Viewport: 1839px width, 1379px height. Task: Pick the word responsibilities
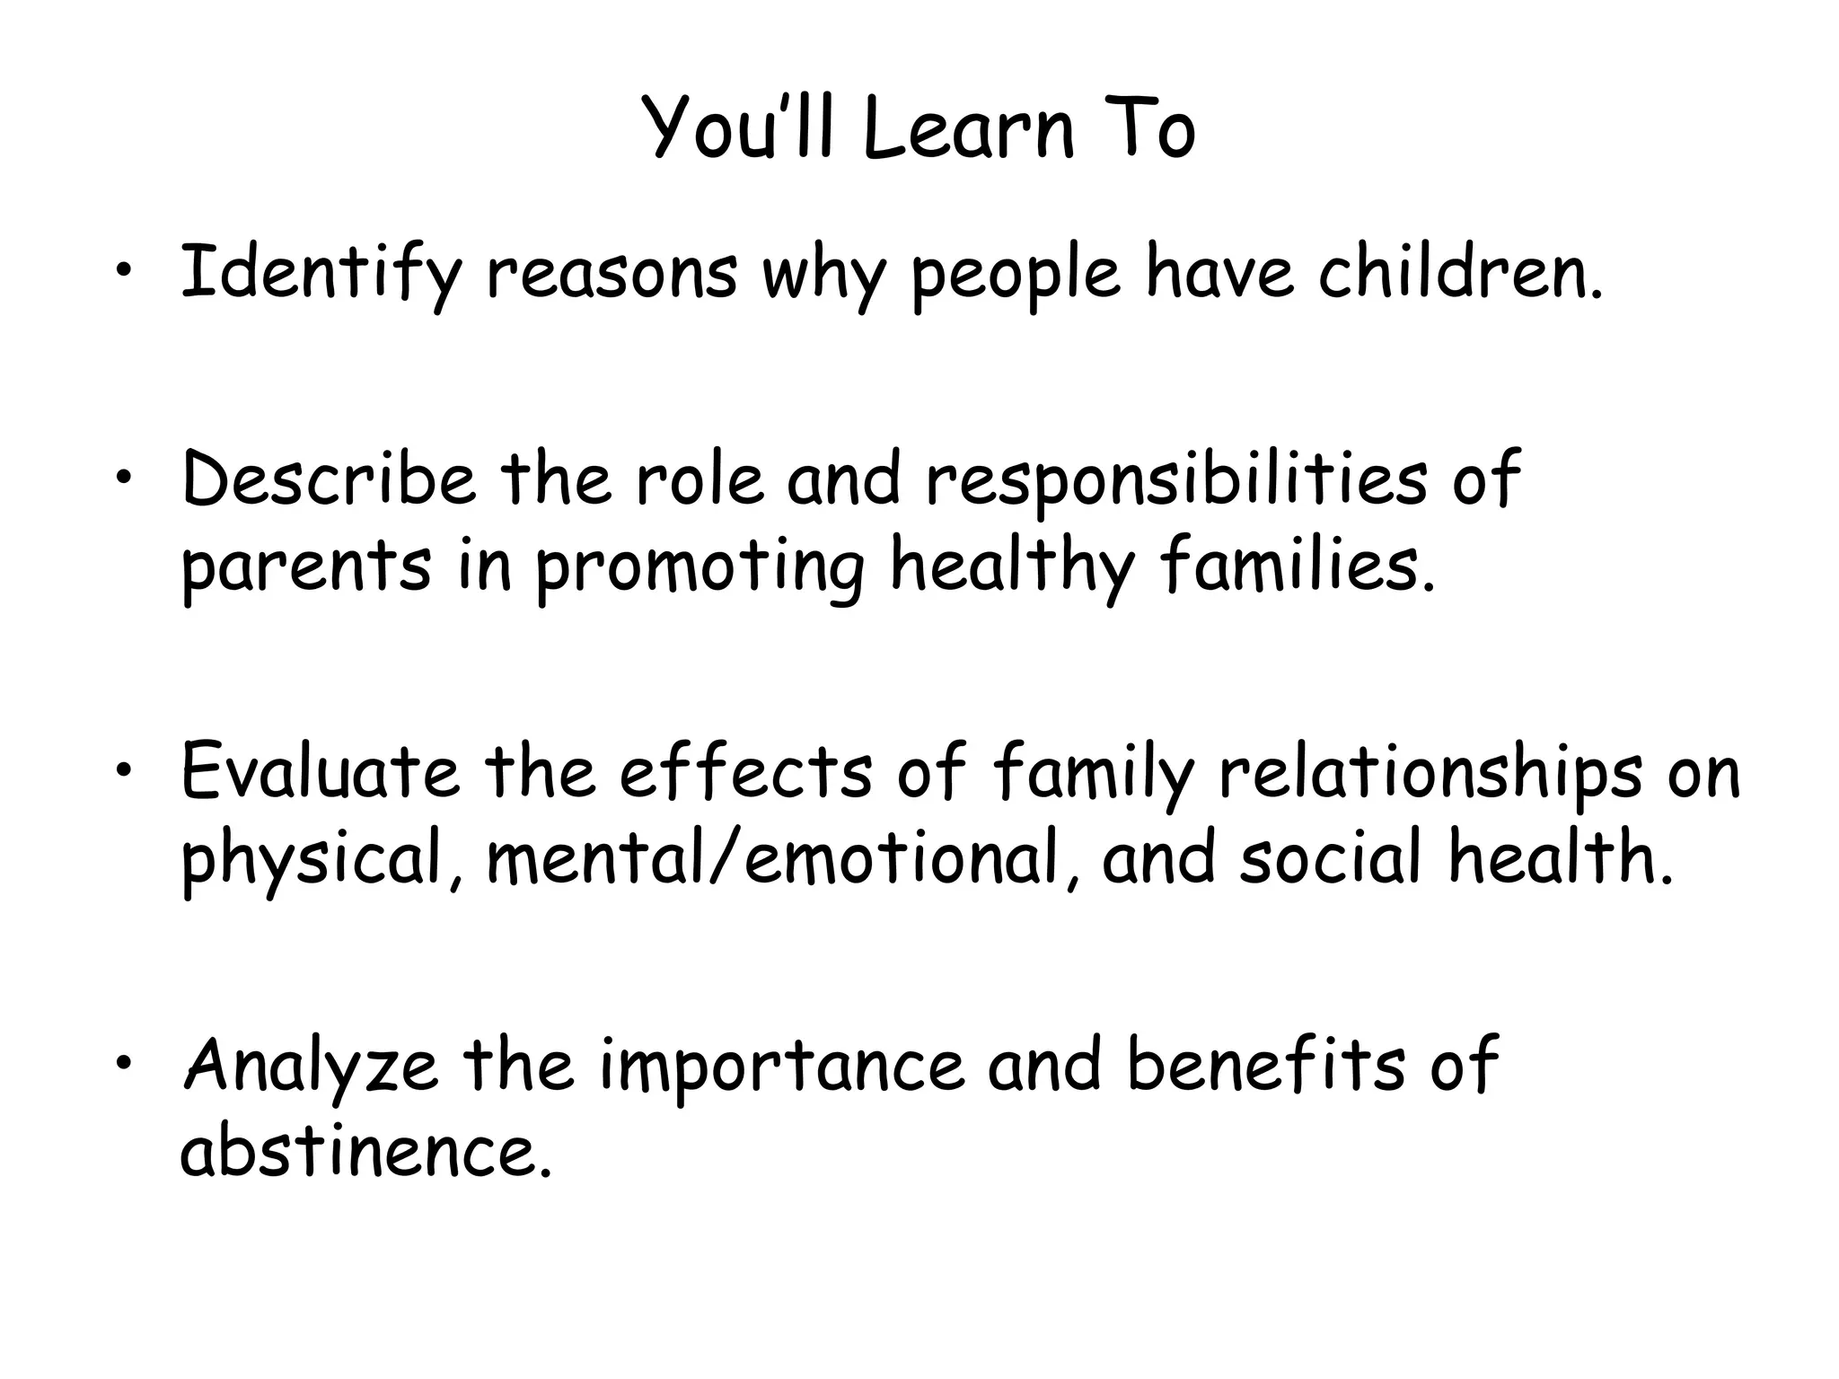point(1176,479)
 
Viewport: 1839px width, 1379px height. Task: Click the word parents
point(306,567)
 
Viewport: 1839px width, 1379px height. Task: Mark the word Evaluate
point(320,771)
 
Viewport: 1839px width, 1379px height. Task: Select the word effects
point(746,771)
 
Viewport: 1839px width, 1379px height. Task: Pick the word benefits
point(1266,1064)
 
